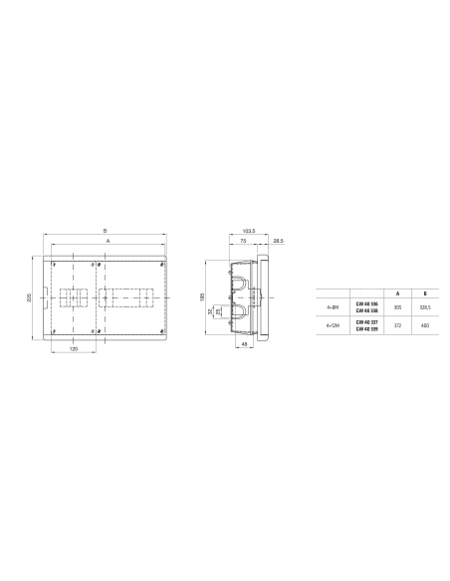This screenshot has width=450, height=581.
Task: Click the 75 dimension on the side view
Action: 242,241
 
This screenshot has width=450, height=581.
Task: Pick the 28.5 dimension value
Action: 278,241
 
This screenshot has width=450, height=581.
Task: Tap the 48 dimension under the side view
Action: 244,344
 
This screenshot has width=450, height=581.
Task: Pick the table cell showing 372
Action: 397,325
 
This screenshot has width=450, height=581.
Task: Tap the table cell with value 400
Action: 424,325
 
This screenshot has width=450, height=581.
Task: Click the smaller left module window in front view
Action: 75,297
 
